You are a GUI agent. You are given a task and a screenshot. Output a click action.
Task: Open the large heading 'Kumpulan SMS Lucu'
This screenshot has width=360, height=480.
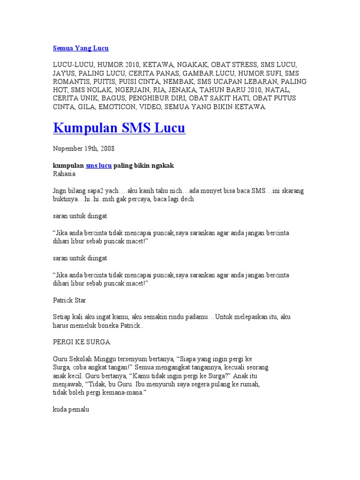120,127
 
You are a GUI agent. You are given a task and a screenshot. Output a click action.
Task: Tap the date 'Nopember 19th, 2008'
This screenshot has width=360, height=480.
83,148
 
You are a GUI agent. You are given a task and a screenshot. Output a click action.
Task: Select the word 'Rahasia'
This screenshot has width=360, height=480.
64,174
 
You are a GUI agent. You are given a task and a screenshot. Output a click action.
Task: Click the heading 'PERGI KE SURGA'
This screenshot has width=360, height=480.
81,342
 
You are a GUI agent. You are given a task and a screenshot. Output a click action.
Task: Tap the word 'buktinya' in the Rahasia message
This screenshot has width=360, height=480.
67,199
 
